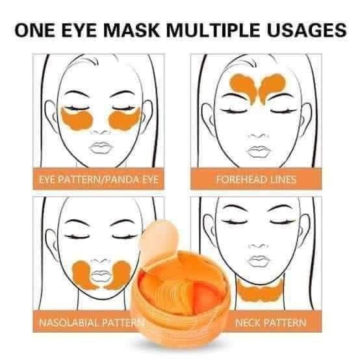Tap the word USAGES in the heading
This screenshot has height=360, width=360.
[x=306, y=30]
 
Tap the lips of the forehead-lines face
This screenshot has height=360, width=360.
[x=258, y=151]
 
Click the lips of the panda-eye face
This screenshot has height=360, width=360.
[x=101, y=148]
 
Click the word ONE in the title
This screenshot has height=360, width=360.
[x=34, y=30]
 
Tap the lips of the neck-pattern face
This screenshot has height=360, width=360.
[x=258, y=261]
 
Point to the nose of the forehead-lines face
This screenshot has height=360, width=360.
[x=258, y=136]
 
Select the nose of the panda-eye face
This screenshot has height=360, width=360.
[x=100, y=132]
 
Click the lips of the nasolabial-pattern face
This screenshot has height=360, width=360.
[x=100, y=276]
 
